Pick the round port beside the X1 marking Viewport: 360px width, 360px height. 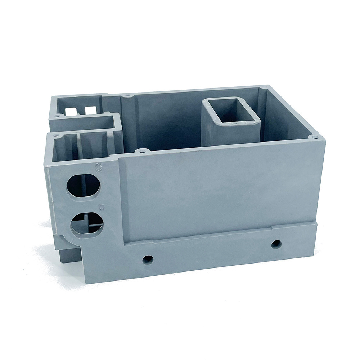coord(87,224)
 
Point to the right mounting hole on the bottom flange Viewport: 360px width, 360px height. coord(276,244)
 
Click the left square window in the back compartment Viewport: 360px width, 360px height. coord(70,112)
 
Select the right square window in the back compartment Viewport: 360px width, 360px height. coord(90,111)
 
